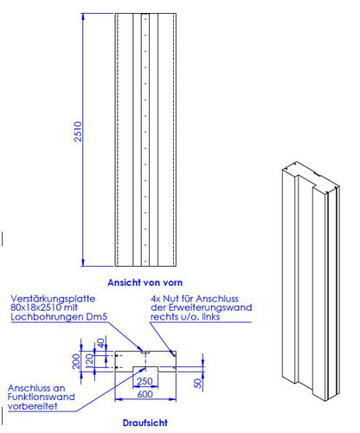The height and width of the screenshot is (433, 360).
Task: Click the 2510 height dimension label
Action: [78, 132]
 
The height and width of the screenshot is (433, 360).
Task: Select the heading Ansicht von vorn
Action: [145, 282]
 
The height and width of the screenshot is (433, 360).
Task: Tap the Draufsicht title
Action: [145, 423]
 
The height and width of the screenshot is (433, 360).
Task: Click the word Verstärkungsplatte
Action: [53, 299]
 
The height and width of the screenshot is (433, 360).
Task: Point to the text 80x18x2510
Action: [36, 307]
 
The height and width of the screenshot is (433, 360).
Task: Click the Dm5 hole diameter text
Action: [97, 317]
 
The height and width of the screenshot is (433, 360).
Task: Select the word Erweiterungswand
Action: [210, 307]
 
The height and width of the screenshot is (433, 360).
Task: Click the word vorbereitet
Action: [33, 406]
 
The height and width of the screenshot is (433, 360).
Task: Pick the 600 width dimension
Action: [145, 394]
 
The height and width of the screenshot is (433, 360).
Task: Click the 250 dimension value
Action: [145, 381]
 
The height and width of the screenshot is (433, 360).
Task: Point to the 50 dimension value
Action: [198, 384]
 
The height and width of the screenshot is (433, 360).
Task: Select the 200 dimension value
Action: [76, 361]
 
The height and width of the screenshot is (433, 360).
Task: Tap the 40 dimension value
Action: [100, 343]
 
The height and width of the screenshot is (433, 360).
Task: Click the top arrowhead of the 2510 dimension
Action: [83, 16]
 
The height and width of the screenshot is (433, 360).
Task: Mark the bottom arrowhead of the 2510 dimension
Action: [83, 262]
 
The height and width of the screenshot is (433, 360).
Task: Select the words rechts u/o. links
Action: [185, 317]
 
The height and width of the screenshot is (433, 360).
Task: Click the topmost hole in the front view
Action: [145, 19]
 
